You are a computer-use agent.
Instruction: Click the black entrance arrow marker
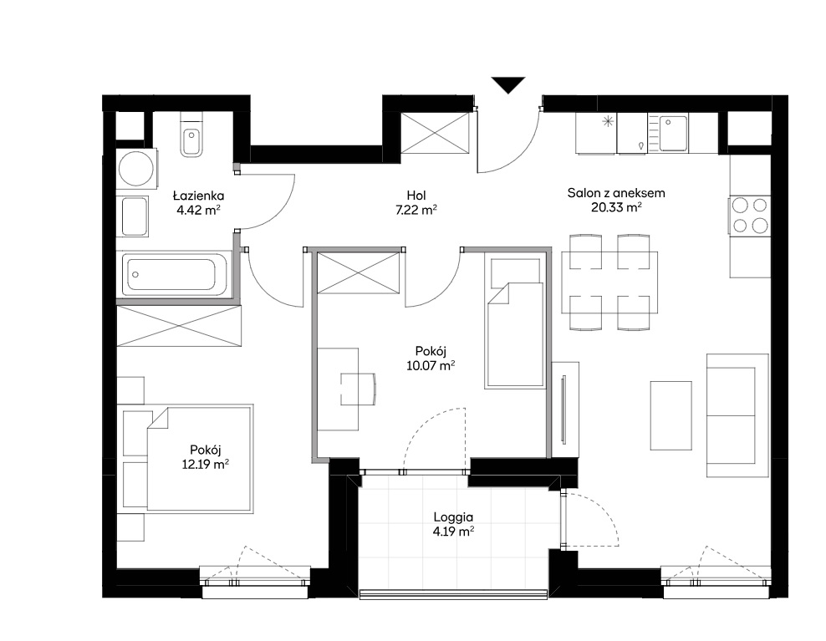coord(508,84)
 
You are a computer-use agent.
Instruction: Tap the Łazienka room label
coord(199,196)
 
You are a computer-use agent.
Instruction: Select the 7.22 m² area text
coord(416,210)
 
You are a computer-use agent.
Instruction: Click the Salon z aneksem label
coord(616,193)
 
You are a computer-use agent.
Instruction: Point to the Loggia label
coord(453,517)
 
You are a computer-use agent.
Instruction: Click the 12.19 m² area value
coord(206,464)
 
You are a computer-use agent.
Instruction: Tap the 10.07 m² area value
coord(431,365)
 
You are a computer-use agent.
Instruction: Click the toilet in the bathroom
coord(191,137)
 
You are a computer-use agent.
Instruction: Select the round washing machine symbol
coord(136,169)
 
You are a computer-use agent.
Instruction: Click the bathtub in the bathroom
coord(176,274)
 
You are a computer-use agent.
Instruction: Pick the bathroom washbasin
coord(135,216)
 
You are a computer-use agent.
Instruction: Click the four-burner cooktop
coord(750,215)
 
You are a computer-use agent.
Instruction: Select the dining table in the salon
coord(609,282)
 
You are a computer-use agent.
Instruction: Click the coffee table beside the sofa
coord(670,415)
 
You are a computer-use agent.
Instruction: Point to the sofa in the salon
coord(737,415)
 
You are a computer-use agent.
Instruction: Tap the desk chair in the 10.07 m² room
coord(359,389)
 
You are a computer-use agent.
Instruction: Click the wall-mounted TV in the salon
coord(563,410)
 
